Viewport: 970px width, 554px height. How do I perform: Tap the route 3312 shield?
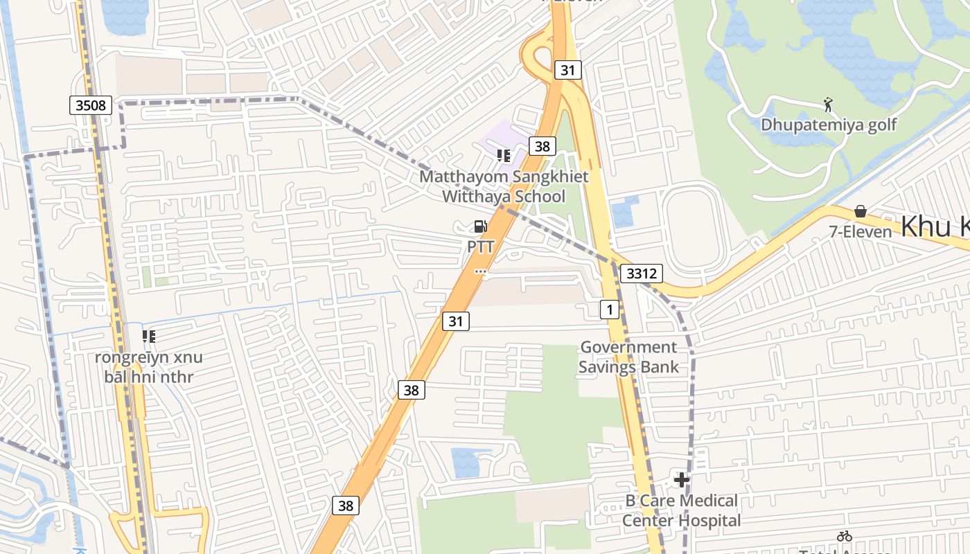click(x=641, y=274)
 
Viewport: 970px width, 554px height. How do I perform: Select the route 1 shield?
click(x=609, y=310)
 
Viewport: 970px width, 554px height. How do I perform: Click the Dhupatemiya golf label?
click(x=829, y=125)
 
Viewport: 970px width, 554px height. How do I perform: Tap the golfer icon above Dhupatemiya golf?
click(x=828, y=105)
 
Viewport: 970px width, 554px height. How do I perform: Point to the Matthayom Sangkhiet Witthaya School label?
click(x=504, y=186)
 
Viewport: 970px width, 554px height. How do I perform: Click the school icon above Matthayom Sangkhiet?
click(x=504, y=156)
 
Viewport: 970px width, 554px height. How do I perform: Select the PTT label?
click(x=480, y=247)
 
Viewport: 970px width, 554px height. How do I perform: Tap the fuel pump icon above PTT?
click(x=480, y=226)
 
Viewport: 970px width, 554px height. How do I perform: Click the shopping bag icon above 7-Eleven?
click(x=861, y=211)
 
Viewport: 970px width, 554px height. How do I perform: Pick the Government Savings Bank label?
click(x=628, y=357)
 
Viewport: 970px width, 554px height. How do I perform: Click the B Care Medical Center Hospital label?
click(x=681, y=510)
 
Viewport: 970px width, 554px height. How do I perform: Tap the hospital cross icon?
click(x=682, y=479)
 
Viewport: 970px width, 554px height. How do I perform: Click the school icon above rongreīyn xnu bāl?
click(x=148, y=337)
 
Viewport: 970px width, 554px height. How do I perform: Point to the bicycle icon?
click(x=844, y=536)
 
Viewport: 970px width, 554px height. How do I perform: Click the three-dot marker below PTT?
click(x=480, y=272)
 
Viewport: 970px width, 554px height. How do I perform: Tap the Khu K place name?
click(x=935, y=227)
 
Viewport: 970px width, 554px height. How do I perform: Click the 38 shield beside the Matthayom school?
click(x=542, y=146)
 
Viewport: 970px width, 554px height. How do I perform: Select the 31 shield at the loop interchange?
click(x=567, y=70)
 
